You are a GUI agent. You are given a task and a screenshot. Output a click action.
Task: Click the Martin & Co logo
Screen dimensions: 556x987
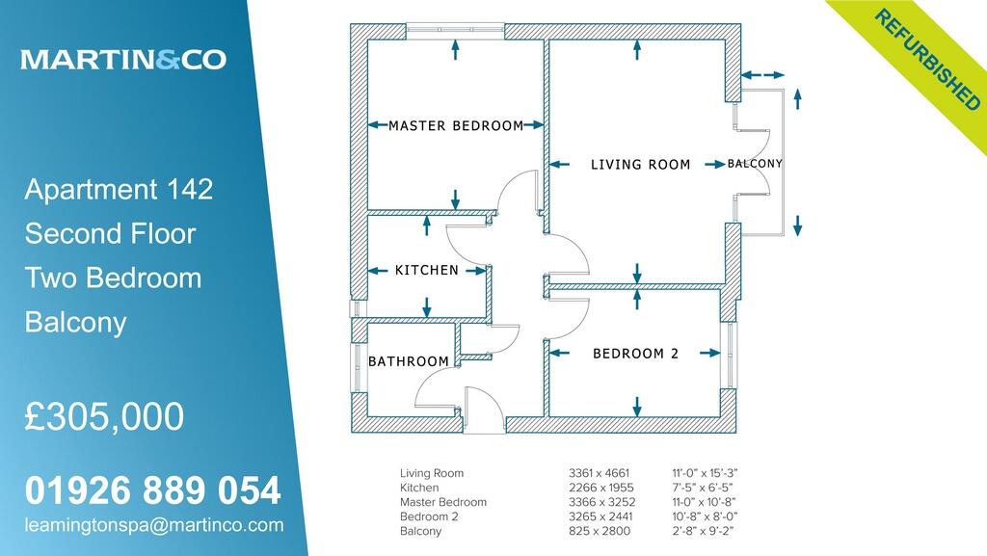123,60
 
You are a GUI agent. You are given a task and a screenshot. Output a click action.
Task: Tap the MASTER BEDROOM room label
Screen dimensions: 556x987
455,125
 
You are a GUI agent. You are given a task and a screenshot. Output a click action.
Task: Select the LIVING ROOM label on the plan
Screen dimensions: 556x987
640,165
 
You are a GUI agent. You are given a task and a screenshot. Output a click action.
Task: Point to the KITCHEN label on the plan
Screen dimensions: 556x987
427,270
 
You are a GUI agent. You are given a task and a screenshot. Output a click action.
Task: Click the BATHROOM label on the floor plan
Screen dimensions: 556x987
409,361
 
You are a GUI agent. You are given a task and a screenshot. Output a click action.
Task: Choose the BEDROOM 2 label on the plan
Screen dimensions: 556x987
635,354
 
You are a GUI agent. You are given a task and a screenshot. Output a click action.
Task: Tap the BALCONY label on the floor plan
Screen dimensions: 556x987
755,164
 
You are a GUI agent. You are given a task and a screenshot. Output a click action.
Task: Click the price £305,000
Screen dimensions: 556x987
104,417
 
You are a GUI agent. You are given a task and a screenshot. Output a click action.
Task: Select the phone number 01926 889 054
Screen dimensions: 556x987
152,491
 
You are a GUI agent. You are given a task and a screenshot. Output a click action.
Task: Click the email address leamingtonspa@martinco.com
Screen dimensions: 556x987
154,525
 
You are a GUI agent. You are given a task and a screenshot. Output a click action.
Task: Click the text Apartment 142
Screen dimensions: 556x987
119,189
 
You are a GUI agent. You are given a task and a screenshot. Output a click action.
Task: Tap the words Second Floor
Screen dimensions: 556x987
110,233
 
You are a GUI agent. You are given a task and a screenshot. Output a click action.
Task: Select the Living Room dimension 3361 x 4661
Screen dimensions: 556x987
599,473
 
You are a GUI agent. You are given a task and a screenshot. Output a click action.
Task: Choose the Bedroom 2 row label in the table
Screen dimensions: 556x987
430,516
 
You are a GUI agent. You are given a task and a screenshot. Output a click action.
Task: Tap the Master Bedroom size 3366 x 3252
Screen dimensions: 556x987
599,502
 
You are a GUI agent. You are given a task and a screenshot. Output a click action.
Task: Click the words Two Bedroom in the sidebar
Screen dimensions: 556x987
113,278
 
